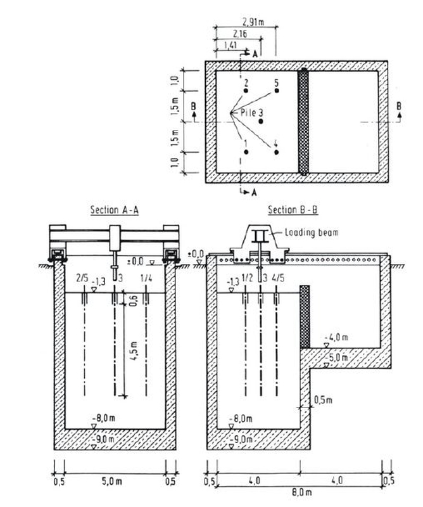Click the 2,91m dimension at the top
[x=253, y=22]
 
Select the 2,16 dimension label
[x=239, y=34]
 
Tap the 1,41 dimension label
[x=230, y=45]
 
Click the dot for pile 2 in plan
[x=246, y=91]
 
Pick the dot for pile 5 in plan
[x=277, y=91]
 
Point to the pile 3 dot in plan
[x=261, y=122]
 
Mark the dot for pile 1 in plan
[x=246, y=152]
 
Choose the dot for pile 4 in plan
[x=276, y=152]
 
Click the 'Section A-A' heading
[x=115, y=210]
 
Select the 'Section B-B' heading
[x=293, y=210]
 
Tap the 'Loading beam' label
[x=312, y=232]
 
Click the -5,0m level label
[x=336, y=357]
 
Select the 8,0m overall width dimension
[x=302, y=492]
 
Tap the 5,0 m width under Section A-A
[x=112, y=481]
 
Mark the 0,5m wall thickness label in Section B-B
[x=323, y=400]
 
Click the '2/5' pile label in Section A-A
[x=82, y=278]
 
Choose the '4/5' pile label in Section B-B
[x=278, y=278]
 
